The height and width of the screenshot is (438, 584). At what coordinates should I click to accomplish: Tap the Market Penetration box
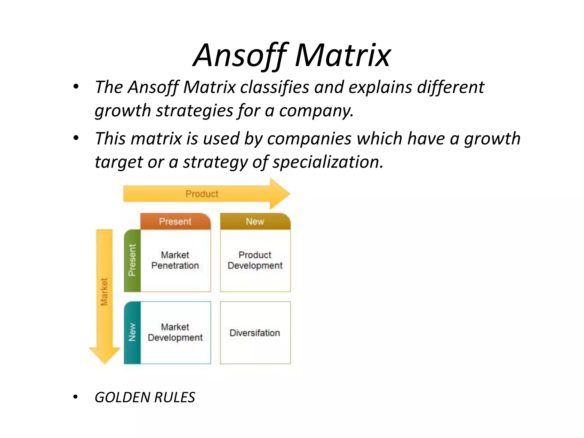point(175,260)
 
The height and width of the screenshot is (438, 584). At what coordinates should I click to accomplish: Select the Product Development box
point(255,260)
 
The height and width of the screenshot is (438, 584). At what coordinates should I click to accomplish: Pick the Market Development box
point(175,332)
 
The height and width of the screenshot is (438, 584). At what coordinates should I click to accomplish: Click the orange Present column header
point(175,222)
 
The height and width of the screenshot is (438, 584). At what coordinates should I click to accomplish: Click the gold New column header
point(255,222)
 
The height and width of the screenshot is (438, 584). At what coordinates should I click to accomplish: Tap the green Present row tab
point(132,260)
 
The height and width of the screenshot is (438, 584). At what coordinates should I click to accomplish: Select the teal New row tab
point(132,332)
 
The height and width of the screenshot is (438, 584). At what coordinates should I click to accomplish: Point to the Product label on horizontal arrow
point(202,194)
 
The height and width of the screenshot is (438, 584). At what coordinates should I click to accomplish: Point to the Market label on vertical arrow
point(104,292)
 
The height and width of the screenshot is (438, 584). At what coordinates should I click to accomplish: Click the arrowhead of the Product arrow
point(279,194)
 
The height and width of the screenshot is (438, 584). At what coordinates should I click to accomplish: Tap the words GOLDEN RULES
point(145,397)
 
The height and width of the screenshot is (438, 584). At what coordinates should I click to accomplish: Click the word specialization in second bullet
point(327,162)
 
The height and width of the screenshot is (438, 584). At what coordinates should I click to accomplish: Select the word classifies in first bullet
point(274,87)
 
